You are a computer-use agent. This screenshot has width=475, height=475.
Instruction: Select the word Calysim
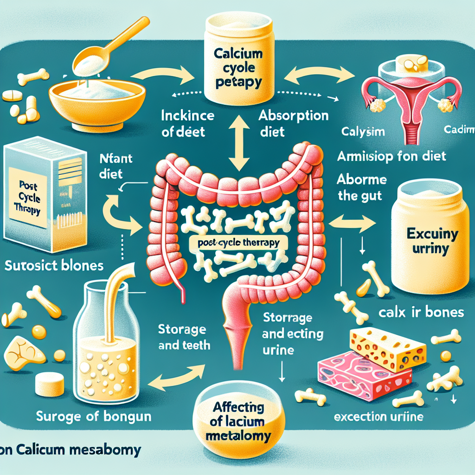(362, 132)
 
